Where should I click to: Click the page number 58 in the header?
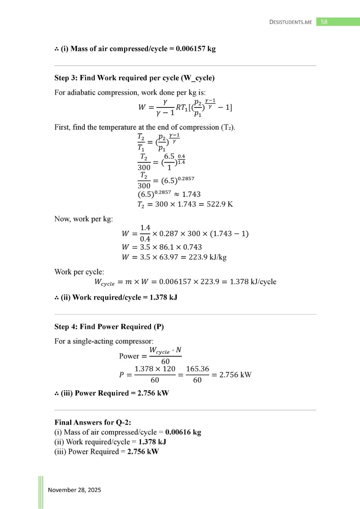pyautogui.click(x=324, y=22)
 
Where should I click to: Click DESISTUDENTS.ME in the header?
pyautogui.click(x=291, y=22)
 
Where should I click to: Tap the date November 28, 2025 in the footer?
pyautogui.click(x=75, y=490)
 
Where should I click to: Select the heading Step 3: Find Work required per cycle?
pyautogui.click(x=134, y=78)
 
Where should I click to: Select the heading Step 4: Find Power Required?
pyautogui.click(x=109, y=327)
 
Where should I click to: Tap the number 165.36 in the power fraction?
pyautogui.click(x=197, y=369)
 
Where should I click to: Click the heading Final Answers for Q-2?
pyautogui.click(x=90, y=423)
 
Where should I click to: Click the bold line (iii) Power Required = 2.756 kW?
pyautogui.click(x=112, y=394)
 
